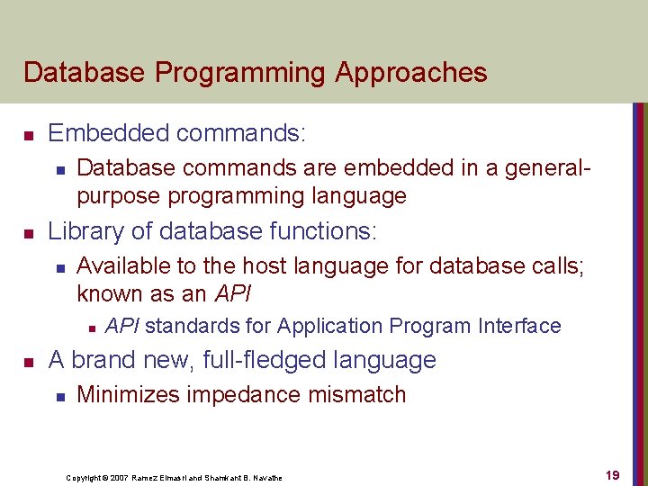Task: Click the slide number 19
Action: (x=612, y=475)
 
